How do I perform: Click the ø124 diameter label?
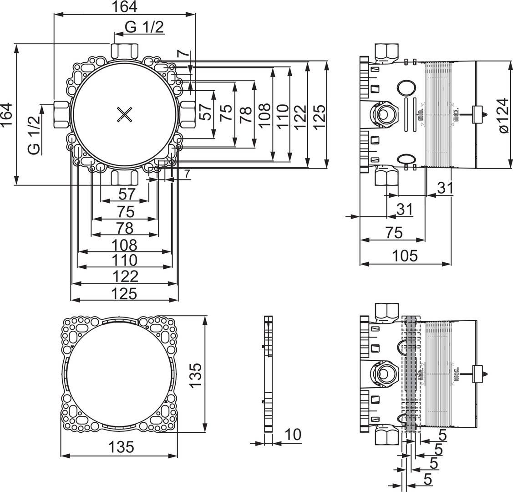coord(503,115)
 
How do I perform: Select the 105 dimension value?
coord(405,256)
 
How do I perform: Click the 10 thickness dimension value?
coord(293,435)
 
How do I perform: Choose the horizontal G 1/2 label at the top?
coord(144,28)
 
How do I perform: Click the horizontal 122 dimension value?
coord(125,276)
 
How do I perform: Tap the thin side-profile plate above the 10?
coord(269,374)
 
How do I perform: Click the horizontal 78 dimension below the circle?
coord(126,227)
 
